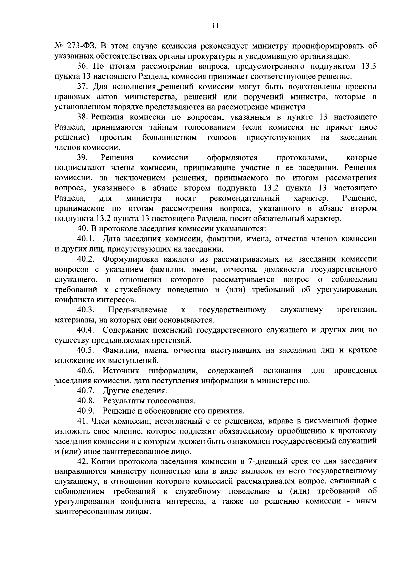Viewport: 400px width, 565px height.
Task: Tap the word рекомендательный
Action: pos(244,199)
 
